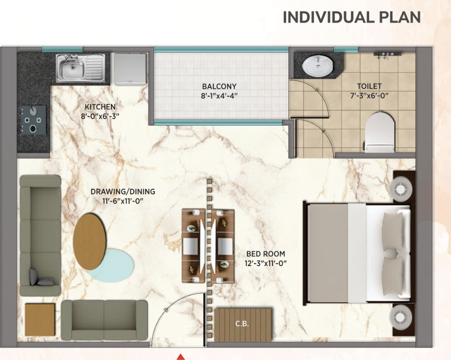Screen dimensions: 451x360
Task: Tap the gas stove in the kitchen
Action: click(x=33, y=119)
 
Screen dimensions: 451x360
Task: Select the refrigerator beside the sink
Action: click(x=129, y=69)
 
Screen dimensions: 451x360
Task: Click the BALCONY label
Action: click(x=219, y=86)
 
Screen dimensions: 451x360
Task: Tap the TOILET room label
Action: click(x=369, y=86)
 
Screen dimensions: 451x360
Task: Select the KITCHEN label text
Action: click(x=100, y=107)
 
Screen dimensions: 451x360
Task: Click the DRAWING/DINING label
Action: click(x=123, y=191)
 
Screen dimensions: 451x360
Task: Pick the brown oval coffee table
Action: click(x=89, y=242)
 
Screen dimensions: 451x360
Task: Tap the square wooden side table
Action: click(x=40, y=320)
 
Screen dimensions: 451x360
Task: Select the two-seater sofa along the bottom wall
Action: click(x=104, y=320)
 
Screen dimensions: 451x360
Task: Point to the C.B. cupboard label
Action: click(x=242, y=324)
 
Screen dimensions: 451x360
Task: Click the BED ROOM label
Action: click(x=266, y=254)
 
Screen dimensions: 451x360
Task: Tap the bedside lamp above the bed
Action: click(x=401, y=189)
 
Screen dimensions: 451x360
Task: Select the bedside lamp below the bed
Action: click(x=401, y=317)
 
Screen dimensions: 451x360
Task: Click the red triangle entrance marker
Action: click(x=180, y=357)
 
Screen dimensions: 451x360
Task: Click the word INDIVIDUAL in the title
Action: click(x=328, y=17)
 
